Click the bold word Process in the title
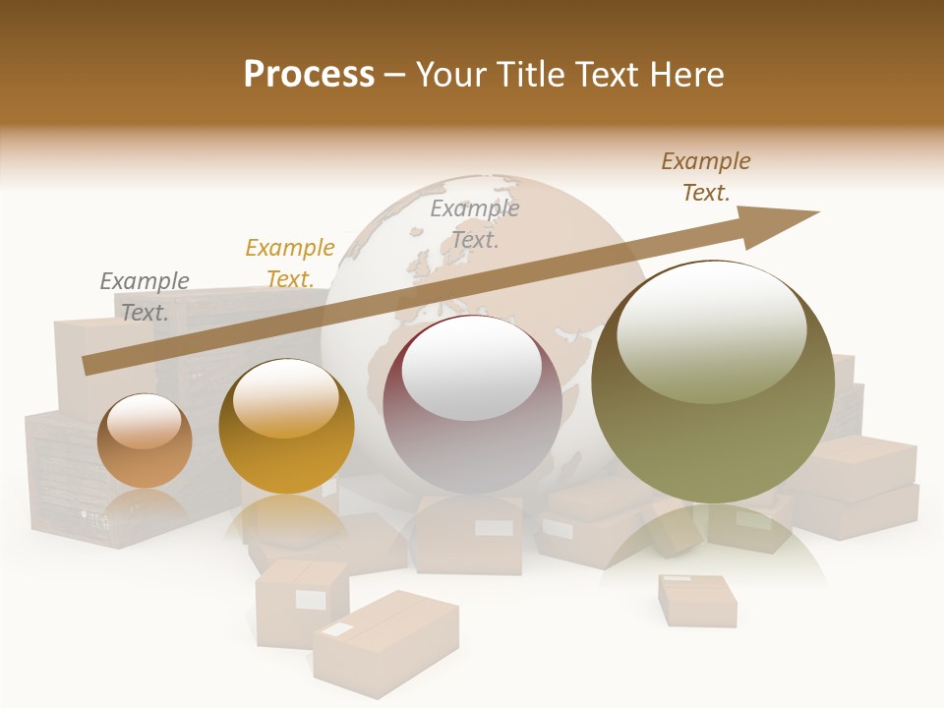309,75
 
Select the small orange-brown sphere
145,441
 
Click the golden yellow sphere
286,427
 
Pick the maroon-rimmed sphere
473,404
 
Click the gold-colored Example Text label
290,264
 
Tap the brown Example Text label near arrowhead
706,177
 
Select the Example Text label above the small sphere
145,297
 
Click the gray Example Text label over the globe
475,223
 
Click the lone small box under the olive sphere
696,600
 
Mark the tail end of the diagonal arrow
88,365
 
